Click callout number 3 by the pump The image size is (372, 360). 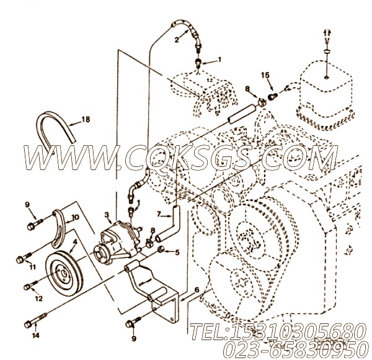pyautogui.click(x=107, y=215)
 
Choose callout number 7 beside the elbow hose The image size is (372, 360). pyautogui.click(x=159, y=215)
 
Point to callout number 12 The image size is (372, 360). pyautogui.click(x=38, y=298)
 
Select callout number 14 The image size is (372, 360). pyautogui.click(x=35, y=335)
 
